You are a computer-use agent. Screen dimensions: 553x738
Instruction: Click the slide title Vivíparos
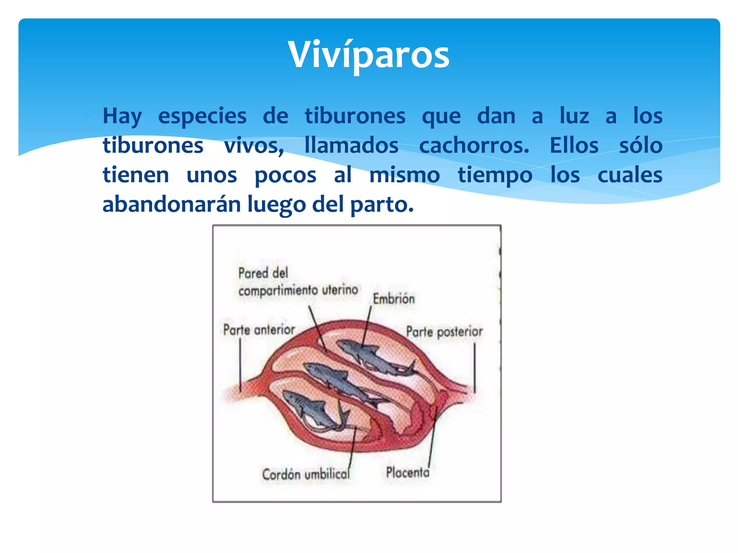tap(369, 55)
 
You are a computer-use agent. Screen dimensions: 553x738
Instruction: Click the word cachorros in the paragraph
tap(474, 146)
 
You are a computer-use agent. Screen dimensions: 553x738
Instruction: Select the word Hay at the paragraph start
tap(122, 116)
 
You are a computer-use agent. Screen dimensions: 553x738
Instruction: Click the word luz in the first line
tap(574, 116)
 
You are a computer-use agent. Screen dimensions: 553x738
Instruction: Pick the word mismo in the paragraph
tap(404, 175)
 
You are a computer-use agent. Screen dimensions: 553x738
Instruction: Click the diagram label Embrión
tap(394, 299)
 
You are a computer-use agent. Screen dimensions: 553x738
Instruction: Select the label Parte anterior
tap(259, 329)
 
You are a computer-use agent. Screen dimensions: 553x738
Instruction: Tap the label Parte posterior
tap(444, 332)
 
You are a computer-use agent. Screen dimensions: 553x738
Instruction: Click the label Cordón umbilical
tap(306, 474)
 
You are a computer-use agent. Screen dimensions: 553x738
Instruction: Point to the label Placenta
tap(408, 472)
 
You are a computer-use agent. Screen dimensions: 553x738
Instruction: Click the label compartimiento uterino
tap(298, 290)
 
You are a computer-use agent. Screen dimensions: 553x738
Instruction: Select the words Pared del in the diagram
tap(263, 273)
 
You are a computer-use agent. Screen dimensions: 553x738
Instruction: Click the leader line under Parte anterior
tap(240, 364)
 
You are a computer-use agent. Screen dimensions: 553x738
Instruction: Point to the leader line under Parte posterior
tap(474, 367)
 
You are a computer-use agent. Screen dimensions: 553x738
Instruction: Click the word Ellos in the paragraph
tap(574, 146)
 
